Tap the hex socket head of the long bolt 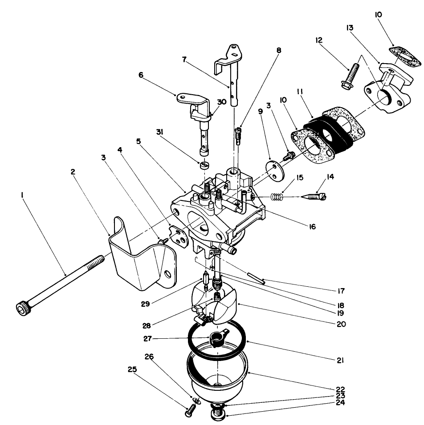click(x=21, y=307)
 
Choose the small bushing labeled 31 click(x=204, y=166)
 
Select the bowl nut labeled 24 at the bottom click(x=218, y=416)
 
